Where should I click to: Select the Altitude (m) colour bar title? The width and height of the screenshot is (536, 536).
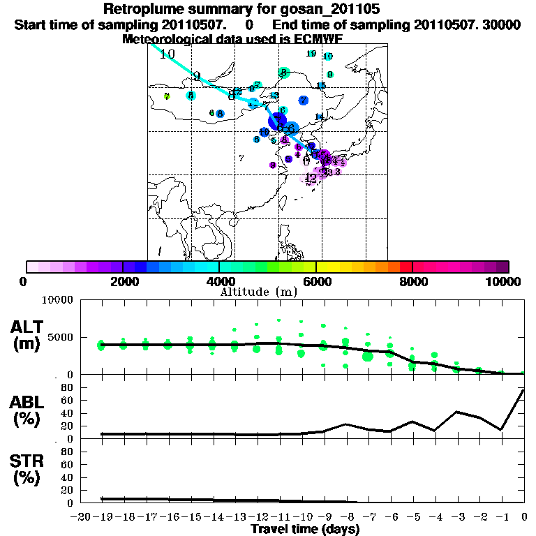click(x=268, y=291)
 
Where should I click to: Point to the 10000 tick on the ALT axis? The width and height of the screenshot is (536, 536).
click(x=59, y=300)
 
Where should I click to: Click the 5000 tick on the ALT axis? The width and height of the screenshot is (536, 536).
click(x=62, y=337)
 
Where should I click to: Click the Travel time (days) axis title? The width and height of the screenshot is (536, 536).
click(x=305, y=529)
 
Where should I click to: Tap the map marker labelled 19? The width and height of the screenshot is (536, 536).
click(x=311, y=54)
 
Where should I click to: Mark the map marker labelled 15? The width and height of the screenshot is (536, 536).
click(x=321, y=86)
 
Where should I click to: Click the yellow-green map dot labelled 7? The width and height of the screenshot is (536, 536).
click(x=167, y=96)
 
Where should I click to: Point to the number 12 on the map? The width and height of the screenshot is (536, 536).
click(x=311, y=177)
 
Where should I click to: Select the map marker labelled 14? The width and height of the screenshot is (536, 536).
click(x=320, y=117)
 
